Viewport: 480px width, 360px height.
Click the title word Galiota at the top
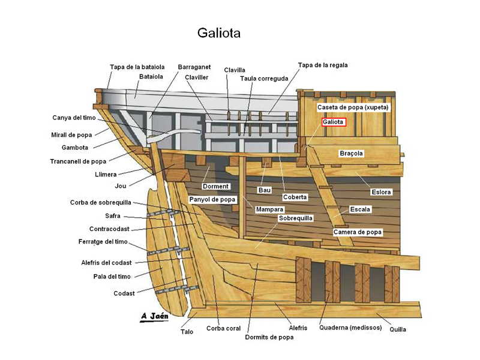pyautogui.click(x=218, y=33)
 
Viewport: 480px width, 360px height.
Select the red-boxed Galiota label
pyautogui.click(x=333, y=122)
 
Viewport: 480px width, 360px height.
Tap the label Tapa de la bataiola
pyautogui.click(x=137, y=67)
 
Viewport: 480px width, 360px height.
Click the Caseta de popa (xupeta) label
pyautogui.click(x=353, y=107)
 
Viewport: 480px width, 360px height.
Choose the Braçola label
pyautogui.click(x=351, y=154)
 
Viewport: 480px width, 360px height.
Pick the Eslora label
pyautogui.click(x=381, y=192)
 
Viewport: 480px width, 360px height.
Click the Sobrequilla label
pyautogui.click(x=296, y=218)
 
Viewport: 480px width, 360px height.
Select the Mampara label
pyautogui.click(x=269, y=209)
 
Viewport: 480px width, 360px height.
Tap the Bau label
pyautogui.click(x=265, y=190)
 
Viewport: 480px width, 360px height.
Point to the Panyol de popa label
pyautogui.click(x=213, y=199)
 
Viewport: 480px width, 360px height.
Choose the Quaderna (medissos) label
pyautogui.click(x=350, y=328)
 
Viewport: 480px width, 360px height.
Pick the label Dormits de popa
pyautogui.click(x=269, y=337)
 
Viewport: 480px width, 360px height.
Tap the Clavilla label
pyautogui.click(x=235, y=70)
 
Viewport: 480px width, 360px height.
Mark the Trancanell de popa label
pyautogui.click(x=78, y=161)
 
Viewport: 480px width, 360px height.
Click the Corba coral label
pyautogui.click(x=223, y=328)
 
